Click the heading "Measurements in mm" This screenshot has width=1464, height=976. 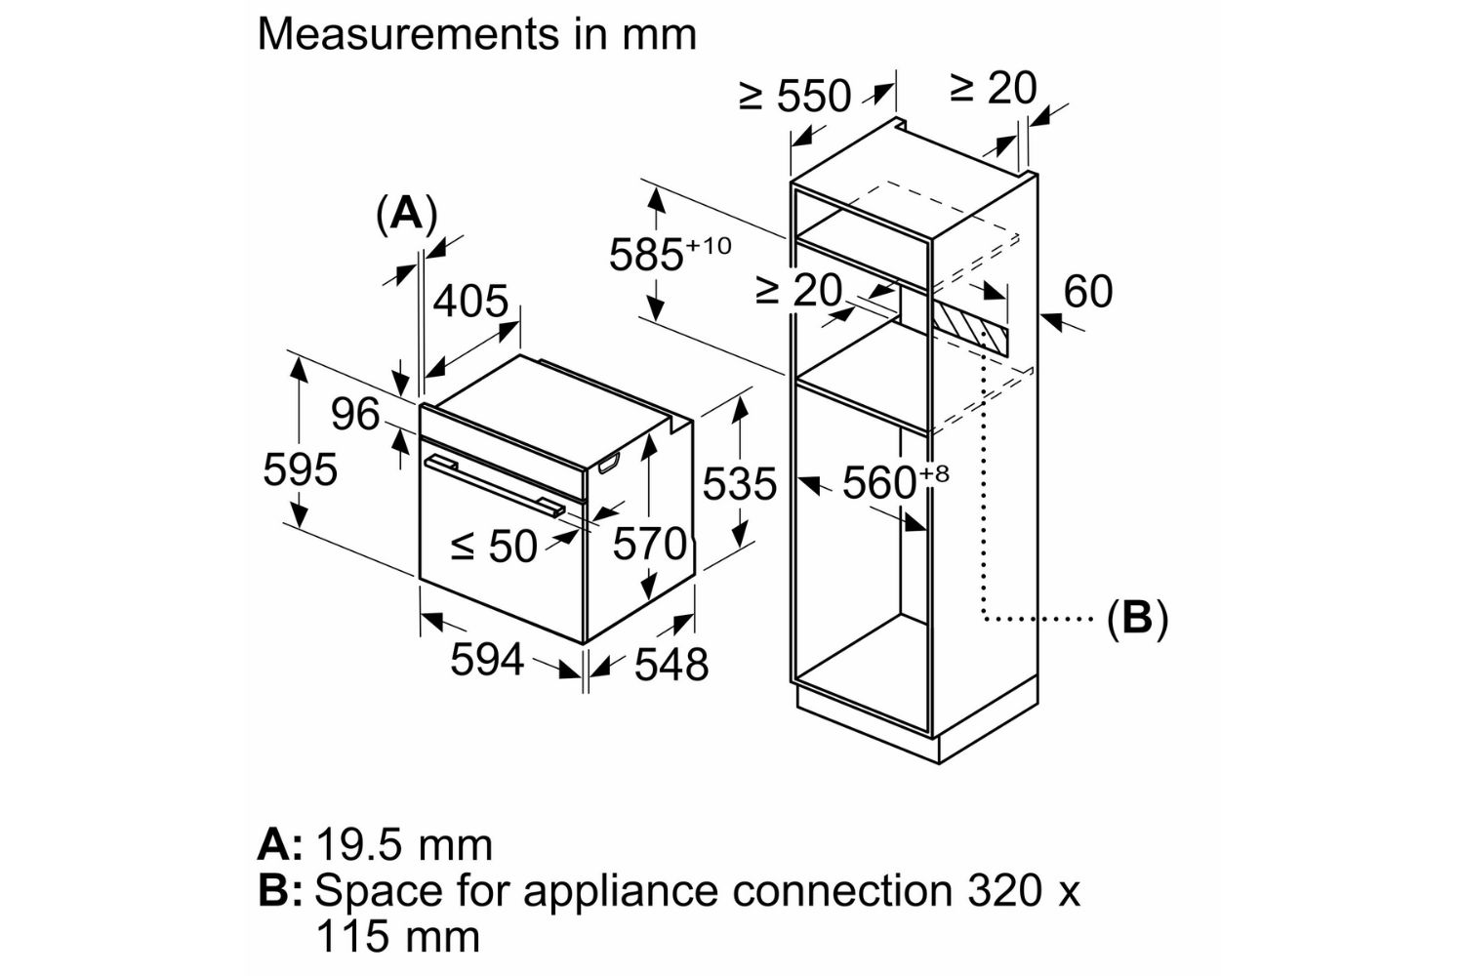(x=476, y=34)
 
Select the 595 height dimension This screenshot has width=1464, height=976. (x=300, y=469)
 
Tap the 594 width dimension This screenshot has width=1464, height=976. (x=486, y=659)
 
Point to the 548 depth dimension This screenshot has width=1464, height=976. (x=671, y=665)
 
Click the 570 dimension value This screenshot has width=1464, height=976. (x=650, y=544)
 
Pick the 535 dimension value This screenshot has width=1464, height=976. (x=740, y=483)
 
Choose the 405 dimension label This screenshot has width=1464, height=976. (x=470, y=301)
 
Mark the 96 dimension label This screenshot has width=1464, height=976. (x=354, y=414)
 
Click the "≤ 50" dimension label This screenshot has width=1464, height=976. (x=494, y=547)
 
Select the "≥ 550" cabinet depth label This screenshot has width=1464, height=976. (x=795, y=96)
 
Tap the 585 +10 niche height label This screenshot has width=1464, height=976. (x=670, y=254)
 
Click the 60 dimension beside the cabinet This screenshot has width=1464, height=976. (x=1087, y=291)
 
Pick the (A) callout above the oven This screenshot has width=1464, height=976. (x=406, y=213)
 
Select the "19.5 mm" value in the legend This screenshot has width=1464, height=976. (x=404, y=844)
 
